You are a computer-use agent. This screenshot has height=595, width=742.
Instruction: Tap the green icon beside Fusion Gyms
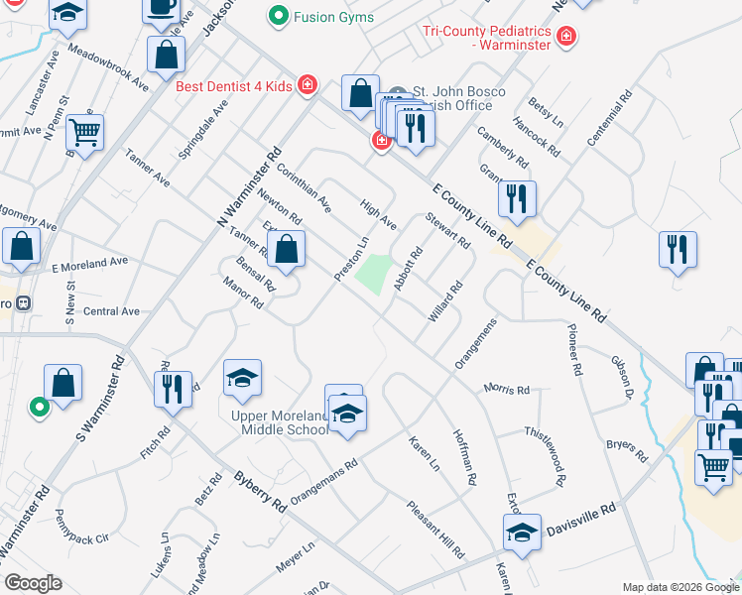[278, 16]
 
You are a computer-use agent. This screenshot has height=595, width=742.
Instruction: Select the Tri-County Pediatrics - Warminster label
[488, 38]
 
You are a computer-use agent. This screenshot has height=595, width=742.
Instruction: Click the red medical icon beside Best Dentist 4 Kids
[308, 85]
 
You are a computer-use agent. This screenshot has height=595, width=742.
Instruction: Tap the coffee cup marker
[160, 10]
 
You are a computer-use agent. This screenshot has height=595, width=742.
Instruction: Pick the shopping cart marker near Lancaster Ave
[85, 131]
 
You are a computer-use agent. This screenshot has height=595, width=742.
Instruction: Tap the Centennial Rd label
[608, 122]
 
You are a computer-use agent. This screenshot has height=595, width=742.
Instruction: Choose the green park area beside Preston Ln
[372, 274]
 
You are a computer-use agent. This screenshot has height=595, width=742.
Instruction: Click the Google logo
[34, 583]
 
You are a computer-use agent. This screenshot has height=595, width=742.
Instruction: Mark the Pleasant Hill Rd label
[434, 528]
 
